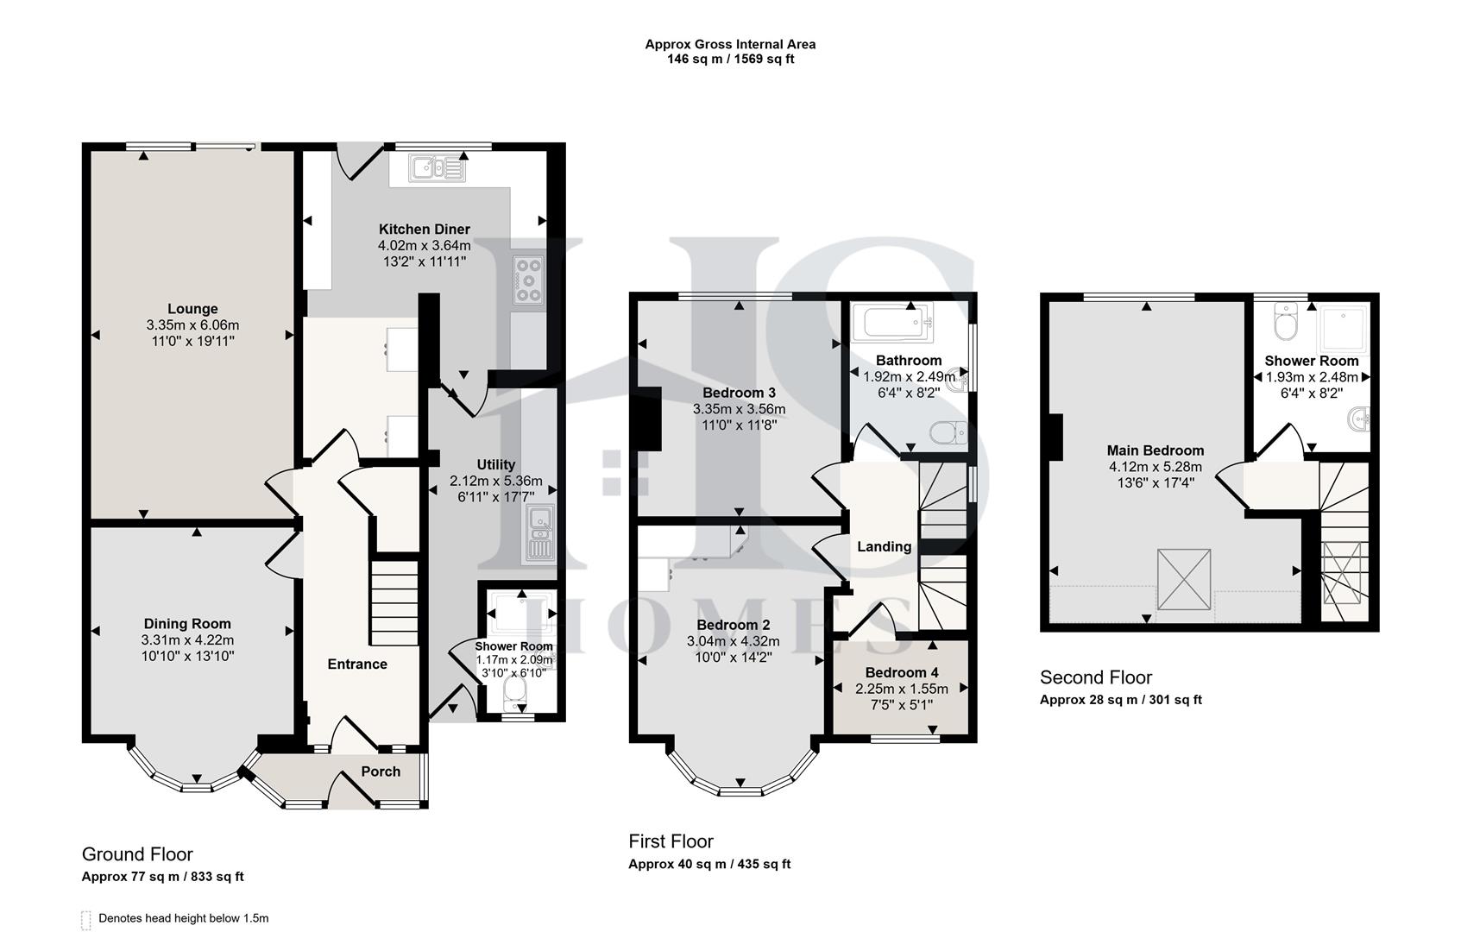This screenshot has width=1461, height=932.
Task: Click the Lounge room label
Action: pos(192,309)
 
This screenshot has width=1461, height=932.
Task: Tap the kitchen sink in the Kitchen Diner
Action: pos(438,168)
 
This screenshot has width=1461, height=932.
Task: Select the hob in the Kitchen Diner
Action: pos(528,280)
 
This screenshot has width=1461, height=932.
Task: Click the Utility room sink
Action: pos(540,534)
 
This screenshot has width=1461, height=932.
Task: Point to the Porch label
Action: pos(381,771)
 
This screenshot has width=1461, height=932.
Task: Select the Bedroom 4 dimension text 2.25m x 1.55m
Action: pos(901,689)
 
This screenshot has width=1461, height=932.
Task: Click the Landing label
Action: pos(884,546)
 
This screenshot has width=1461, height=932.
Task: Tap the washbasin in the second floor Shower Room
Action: pos(1358,421)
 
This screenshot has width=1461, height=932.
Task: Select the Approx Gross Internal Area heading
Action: pos(730,44)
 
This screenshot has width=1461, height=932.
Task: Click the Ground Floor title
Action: pos(137,854)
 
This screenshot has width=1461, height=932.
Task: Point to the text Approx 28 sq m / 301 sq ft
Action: pos(1120,700)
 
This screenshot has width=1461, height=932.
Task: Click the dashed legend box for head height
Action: pos(85,920)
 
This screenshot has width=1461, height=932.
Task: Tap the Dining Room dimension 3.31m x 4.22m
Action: pos(187,640)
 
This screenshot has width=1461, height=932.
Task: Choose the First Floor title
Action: pos(671,841)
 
